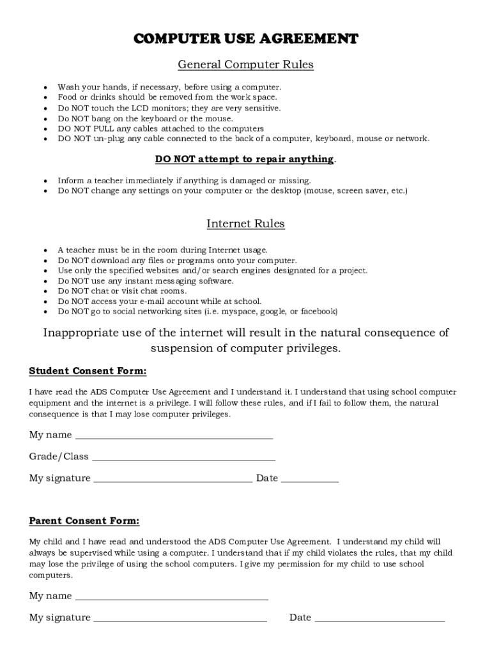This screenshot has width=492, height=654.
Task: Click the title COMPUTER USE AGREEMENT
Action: click(245, 39)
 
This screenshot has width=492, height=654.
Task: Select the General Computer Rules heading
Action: click(245, 65)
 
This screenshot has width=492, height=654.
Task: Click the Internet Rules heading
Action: click(245, 224)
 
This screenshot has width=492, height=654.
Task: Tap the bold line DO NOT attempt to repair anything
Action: click(244, 159)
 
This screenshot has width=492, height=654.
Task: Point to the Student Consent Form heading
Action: click(88, 371)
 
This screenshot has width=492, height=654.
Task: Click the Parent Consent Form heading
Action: click(84, 521)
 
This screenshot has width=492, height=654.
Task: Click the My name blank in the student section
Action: click(174, 436)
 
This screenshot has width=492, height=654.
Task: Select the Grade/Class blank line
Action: click(183, 457)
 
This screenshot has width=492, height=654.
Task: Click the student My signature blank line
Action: click(173, 479)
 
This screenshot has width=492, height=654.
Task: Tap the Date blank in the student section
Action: click(309, 479)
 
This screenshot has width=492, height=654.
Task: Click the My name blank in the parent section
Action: click(171, 597)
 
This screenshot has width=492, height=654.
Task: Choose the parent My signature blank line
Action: click(180, 618)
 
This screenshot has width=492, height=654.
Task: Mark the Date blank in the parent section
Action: click(380, 618)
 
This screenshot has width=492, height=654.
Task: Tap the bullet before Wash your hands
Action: click(45, 87)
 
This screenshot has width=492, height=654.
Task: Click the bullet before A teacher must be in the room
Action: click(45, 250)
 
